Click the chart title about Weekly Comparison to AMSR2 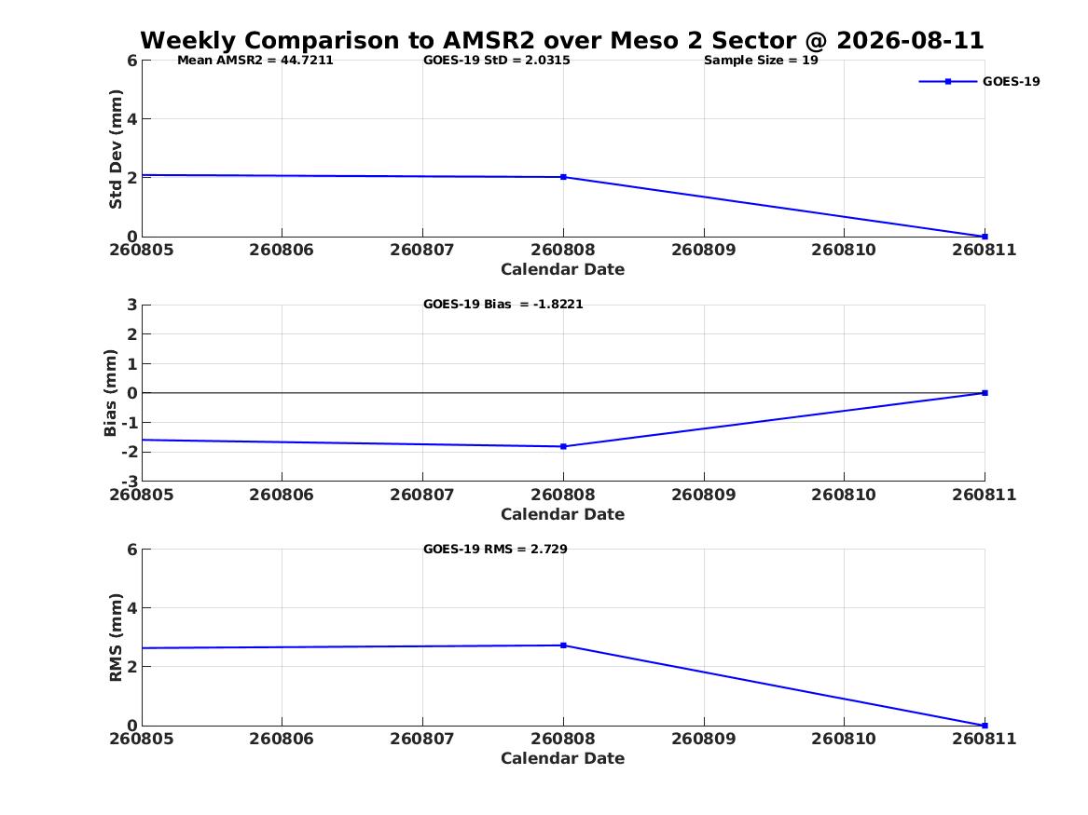click(562, 40)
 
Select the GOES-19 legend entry click(979, 81)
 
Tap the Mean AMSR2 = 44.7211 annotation click(255, 61)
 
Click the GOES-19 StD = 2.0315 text click(497, 61)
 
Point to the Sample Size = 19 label click(761, 61)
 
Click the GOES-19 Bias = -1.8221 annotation click(503, 305)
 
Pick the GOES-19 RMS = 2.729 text click(495, 549)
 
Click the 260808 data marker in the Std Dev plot click(563, 177)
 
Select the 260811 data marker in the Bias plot click(985, 393)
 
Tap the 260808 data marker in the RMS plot click(563, 645)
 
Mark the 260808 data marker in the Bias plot click(563, 446)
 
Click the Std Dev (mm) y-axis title click(116, 149)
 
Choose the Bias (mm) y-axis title click(110, 393)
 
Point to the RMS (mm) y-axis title click(116, 638)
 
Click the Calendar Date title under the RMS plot click(563, 758)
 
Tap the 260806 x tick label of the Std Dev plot click(282, 250)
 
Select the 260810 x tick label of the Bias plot click(844, 495)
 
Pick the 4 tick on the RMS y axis click(132, 608)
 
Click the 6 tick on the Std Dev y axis click(132, 61)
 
